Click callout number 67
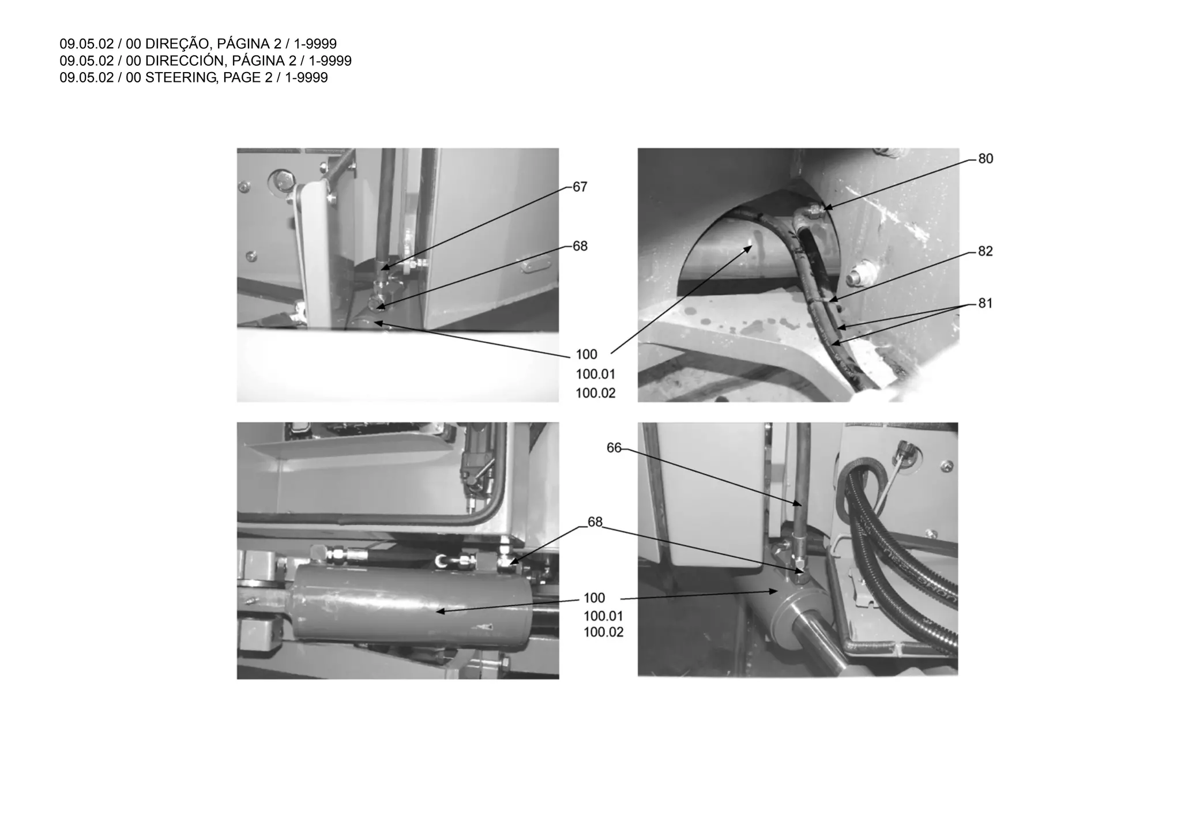580,187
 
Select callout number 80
986,159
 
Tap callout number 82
986,251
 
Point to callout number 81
986,303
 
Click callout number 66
614,448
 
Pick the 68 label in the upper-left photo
580,246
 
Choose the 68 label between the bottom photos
595,522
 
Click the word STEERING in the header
181,78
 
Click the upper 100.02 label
596,393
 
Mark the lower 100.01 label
603,616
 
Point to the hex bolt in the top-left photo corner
283,180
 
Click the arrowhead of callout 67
384,268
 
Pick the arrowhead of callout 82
831,300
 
